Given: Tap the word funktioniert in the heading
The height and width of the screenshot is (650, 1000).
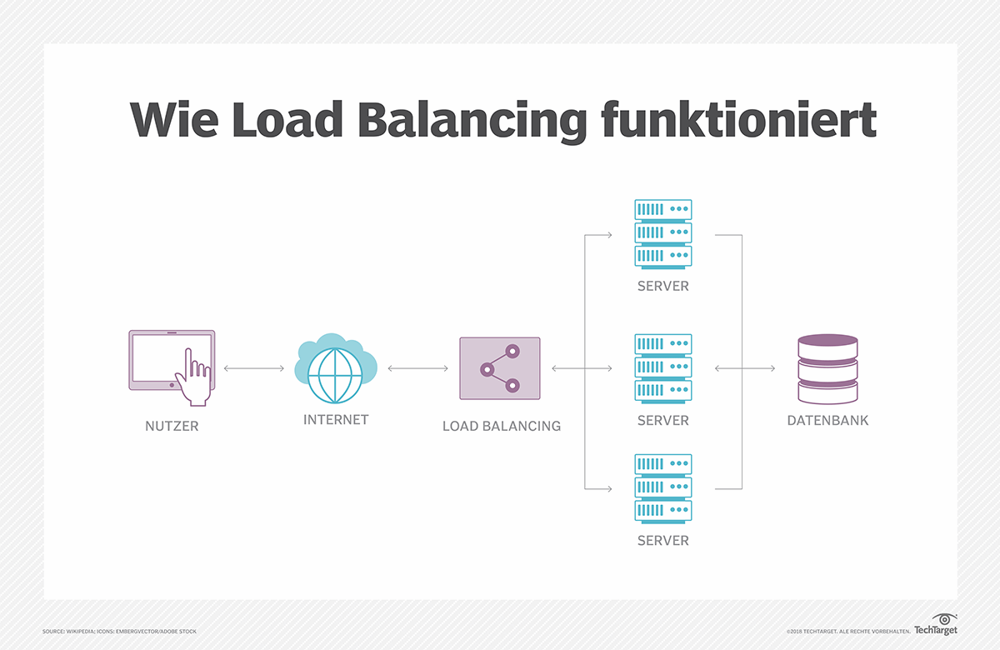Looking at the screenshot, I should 738,121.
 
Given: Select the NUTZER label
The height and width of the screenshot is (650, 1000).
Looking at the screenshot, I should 172,427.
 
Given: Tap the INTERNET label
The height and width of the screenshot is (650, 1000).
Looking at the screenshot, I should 336,420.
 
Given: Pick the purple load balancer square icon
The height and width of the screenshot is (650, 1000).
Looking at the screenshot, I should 500,367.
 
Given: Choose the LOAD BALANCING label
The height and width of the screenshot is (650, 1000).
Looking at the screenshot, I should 502,426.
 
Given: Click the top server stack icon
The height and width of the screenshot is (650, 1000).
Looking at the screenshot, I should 663,232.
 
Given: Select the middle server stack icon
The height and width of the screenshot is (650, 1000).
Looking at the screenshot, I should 663,367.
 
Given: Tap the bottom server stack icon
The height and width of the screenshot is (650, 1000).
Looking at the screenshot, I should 663,487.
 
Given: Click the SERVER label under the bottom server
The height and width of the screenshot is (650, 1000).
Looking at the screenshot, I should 663,541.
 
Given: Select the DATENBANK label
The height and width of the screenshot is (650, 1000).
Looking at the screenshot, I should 827,421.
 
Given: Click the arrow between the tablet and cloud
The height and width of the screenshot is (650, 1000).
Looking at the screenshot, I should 254,367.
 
